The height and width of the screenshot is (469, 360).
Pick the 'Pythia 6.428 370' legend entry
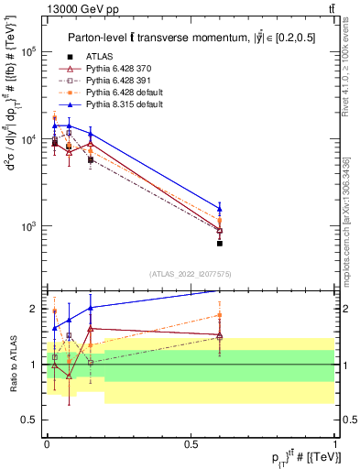[x=123, y=70]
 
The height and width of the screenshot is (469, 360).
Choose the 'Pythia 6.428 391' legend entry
[x=123, y=82]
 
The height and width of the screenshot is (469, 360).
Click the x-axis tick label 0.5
[x=191, y=442]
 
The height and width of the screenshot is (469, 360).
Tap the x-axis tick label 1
[x=335, y=442]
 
